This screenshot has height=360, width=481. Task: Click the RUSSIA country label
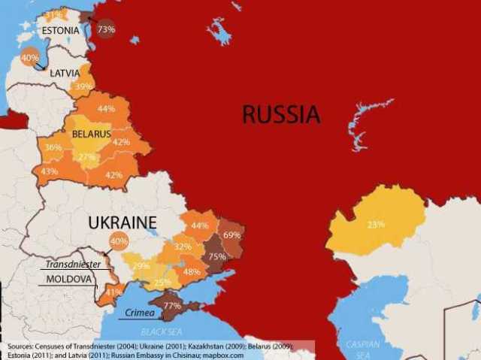280,114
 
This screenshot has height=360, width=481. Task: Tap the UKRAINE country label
122,222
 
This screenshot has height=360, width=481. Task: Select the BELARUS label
91,135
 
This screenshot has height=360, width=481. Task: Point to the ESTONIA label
60,31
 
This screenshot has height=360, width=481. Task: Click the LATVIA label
65,74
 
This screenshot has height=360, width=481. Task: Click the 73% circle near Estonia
106,29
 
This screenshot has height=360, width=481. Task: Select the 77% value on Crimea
171,306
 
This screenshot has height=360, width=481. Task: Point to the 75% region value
217,256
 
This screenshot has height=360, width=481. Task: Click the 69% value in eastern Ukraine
231,235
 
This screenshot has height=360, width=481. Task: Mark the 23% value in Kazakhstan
376,224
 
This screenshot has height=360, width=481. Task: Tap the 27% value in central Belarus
88,157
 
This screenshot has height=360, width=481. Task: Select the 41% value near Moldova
113,292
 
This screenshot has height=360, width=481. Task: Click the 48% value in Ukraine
192,271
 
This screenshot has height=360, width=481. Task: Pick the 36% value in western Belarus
53,147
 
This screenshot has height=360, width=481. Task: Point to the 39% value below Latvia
83,86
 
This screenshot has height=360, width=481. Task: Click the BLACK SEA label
162,331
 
